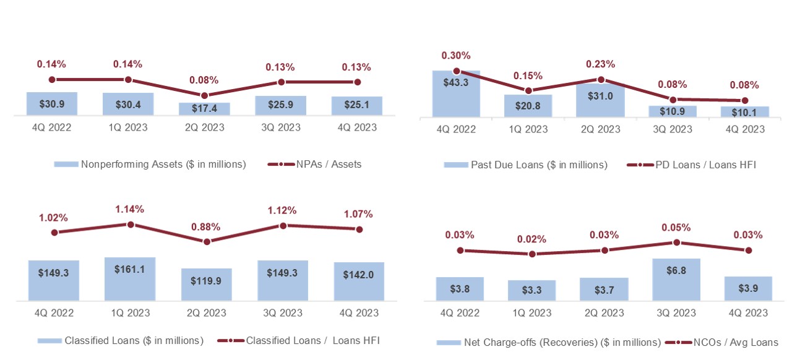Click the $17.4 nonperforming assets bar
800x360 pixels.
(204, 109)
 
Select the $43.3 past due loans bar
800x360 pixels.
(456, 93)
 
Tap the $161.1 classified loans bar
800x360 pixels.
(130, 279)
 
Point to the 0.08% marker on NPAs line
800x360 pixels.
(204, 95)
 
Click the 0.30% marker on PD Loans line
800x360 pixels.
(456, 71)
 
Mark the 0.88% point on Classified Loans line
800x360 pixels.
(207, 241)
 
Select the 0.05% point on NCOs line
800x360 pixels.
(676, 242)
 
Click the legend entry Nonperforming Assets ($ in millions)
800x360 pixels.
(150, 165)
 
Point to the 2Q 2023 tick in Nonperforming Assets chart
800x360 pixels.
(204, 127)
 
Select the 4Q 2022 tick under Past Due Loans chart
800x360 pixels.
(456, 129)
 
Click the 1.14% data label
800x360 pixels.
(130, 209)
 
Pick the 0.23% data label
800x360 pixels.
(600, 64)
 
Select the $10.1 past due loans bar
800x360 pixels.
(744, 111)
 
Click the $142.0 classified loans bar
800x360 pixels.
(359, 281)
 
